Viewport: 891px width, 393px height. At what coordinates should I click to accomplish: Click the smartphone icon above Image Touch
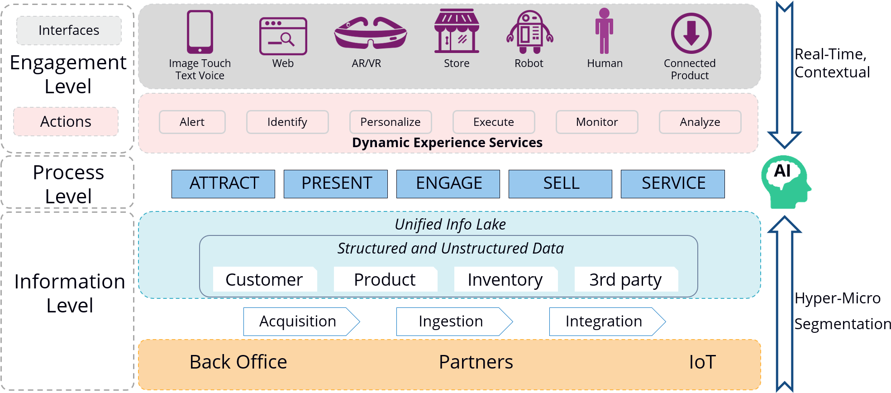point(200,32)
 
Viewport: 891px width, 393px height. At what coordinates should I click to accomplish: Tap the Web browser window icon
point(283,36)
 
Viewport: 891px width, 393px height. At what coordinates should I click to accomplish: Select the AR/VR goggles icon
point(370,34)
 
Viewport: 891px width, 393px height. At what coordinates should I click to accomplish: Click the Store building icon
point(456,31)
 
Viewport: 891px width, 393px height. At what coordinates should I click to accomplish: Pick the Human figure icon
point(604,31)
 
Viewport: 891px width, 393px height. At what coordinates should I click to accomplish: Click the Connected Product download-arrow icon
point(691,34)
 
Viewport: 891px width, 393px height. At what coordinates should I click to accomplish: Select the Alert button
point(192,122)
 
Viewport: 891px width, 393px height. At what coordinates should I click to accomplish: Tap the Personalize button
point(390,122)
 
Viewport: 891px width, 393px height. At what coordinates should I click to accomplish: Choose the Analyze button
point(700,122)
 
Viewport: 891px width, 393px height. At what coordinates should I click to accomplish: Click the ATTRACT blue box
point(223,183)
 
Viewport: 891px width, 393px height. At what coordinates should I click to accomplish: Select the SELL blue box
point(560,183)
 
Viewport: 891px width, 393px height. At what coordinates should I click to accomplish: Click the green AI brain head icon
point(785,182)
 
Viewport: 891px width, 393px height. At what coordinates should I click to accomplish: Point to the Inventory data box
point(505,279)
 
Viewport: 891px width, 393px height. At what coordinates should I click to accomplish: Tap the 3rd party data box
point(626,279)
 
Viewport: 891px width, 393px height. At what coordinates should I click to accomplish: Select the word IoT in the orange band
point(702,362)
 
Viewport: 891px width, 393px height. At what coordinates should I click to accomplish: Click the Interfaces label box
point(69,30)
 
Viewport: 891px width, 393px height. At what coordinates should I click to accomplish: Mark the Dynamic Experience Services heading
point(447,143)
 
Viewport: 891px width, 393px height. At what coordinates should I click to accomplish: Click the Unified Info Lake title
point(450,224)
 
